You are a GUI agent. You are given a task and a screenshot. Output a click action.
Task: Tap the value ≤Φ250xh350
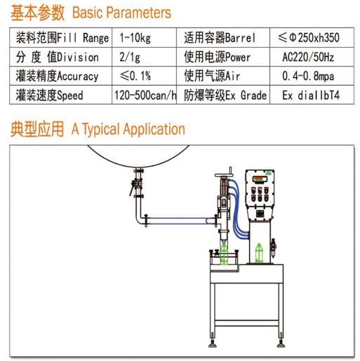309,37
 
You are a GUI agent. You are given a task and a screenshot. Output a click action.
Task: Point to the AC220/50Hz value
308,57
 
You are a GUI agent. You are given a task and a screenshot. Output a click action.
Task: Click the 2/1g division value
130,57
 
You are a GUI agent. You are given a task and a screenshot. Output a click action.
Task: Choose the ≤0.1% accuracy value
135,76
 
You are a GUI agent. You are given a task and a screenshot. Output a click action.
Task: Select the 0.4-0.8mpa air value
308,76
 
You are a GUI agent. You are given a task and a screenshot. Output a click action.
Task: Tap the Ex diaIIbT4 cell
311,95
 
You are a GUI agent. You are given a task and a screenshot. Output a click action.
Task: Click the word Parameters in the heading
138,13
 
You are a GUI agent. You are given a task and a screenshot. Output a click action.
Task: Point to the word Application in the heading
154,129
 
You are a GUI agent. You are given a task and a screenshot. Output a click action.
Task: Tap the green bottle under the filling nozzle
224,254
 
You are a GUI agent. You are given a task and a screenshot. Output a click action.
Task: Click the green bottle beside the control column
259,253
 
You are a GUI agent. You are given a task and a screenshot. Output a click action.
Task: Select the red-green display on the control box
260,179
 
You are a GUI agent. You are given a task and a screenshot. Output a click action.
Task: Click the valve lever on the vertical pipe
133,186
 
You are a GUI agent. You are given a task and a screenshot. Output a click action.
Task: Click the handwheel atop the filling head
224,175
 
